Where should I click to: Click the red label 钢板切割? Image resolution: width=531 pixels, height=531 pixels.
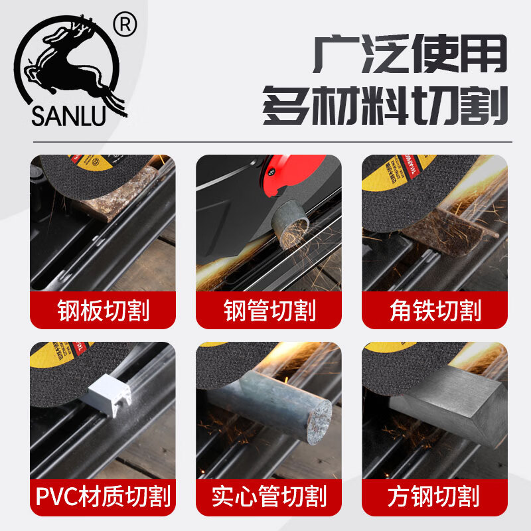coord(103,310)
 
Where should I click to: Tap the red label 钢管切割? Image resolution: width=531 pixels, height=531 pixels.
coord(269,310)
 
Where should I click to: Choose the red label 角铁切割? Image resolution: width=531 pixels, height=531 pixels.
coord(435,310)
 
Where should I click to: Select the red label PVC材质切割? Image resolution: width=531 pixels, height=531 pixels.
coord(103,496)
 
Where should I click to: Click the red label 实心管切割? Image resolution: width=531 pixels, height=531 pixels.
coord(269,496)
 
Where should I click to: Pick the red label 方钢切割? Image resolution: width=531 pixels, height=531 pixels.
coord(435,496)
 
